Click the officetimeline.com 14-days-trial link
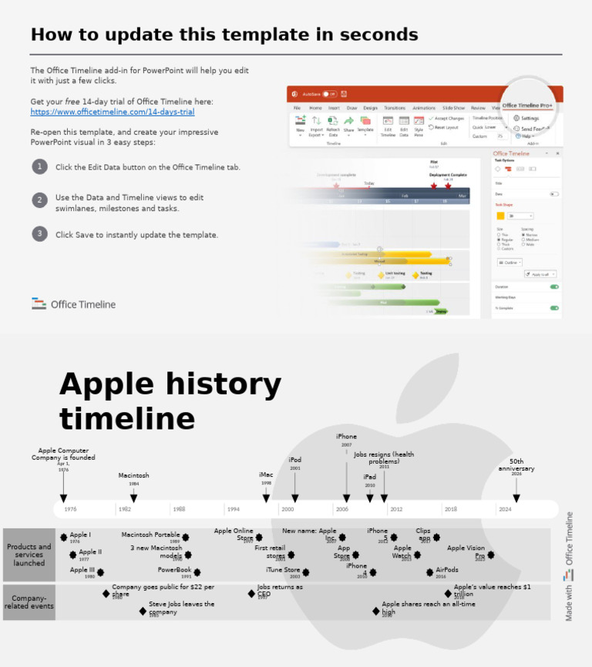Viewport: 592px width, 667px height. point(113,112)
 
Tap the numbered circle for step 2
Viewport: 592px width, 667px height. point(39,199)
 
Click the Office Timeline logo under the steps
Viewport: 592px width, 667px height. point(73,304)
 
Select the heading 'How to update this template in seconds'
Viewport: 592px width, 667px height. point(224,35)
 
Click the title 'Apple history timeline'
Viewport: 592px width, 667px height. point(170,401)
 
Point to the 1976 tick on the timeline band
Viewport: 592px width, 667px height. point(70,509)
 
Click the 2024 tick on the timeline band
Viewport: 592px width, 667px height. point(505,509)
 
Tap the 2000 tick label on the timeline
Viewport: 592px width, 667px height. point(288,509)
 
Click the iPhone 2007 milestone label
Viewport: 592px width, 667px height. point(346,437)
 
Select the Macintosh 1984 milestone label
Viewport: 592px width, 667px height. point(133,476)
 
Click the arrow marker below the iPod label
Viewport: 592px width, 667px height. point(295,498)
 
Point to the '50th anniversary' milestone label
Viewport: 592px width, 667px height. point(516,465)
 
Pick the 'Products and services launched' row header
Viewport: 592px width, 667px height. point(29,555)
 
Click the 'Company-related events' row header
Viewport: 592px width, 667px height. point(29,602)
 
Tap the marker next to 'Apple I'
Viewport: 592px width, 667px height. point(64,537)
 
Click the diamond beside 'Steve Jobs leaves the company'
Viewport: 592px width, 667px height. point(143,611)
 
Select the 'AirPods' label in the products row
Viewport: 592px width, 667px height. point(447,571)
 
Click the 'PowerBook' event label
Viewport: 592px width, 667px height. point(174,571)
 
